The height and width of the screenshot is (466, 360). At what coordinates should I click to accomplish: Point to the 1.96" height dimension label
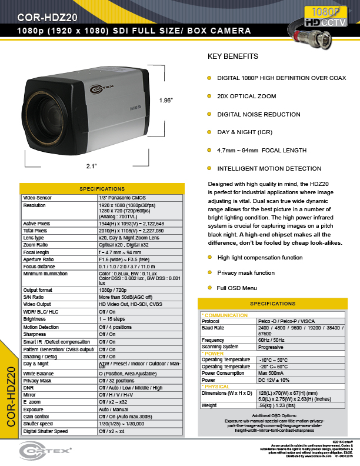pos(166,101)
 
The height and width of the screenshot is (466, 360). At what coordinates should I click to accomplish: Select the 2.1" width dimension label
pos(91,167)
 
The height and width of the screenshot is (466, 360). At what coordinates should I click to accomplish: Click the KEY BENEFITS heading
pos(233,57)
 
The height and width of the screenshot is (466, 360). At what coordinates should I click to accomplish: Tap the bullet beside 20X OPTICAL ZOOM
pos(209,95)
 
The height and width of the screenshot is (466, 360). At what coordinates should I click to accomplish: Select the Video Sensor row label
pos(37,198)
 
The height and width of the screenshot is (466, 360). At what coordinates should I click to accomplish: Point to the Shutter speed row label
pos(38,424)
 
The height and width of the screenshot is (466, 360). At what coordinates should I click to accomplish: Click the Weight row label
pos(209,405)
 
